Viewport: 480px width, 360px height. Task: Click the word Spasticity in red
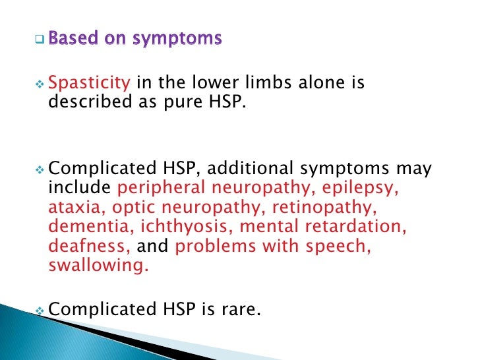[x=89, y=84]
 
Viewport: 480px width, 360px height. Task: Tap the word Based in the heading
[x=73, y=40]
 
